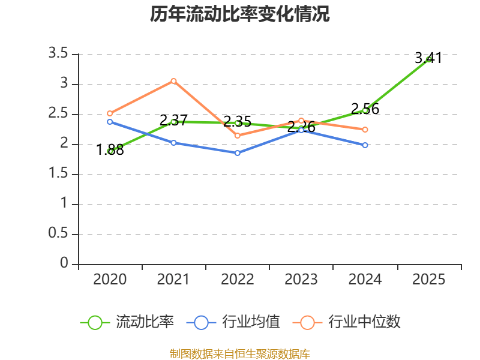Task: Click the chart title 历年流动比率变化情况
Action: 240,14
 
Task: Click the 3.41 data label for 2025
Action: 428,58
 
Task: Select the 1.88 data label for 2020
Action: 110,150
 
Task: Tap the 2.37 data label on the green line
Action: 174,121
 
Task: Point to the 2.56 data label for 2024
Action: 365,109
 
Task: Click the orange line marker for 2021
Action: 174,80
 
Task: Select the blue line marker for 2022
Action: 238,153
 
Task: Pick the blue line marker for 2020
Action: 110,122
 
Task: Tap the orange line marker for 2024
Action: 365,130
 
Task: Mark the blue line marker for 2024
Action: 365,145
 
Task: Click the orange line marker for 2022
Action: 238,136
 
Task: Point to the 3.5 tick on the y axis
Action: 58,54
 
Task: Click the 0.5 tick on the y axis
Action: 58,234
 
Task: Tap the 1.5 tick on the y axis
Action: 58,174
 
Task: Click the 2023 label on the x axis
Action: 301,280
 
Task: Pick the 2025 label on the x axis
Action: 429,280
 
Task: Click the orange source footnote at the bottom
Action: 240,353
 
